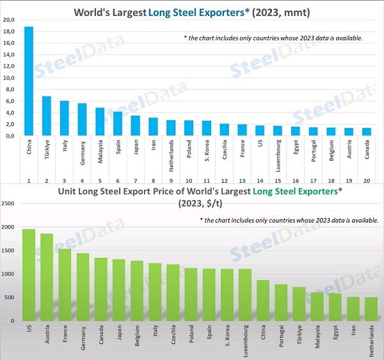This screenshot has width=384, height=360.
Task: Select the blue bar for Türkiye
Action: point(46,116)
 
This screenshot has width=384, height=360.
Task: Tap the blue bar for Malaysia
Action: point(100,122)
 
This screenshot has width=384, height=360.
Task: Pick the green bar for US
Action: point(29,275)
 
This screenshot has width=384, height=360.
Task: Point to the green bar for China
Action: point(263,301)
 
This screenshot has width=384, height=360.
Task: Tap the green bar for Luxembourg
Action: point(245,295)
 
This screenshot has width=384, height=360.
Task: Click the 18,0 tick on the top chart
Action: point(8,31)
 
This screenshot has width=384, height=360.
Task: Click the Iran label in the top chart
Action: point(154,148)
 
